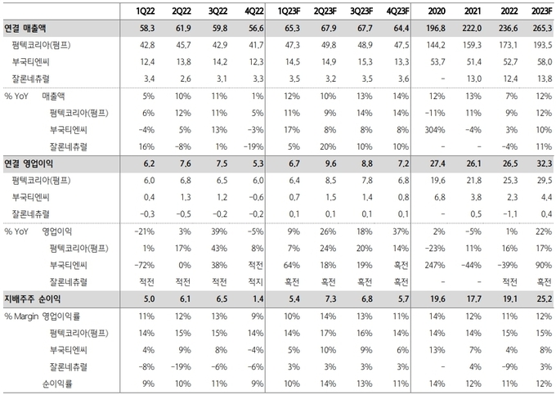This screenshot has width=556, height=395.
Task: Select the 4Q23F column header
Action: click(394, 12)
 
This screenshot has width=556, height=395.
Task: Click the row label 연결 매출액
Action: click(30, 28)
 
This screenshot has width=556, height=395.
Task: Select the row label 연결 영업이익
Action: click(34, 164)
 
